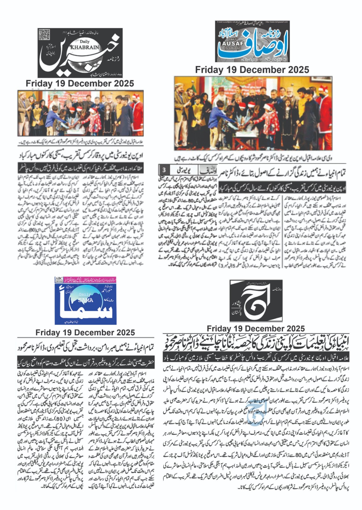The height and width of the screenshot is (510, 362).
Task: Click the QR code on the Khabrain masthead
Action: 45,35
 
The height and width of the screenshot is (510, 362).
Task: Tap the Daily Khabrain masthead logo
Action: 80,53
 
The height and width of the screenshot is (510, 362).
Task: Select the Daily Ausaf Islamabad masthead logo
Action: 252,41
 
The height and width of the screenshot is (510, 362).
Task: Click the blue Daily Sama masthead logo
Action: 85,300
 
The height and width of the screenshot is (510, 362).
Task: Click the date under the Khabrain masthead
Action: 80,84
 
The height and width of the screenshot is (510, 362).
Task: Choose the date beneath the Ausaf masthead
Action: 252,70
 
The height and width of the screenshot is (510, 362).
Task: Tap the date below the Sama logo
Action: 85,332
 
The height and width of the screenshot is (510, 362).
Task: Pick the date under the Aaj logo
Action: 256,329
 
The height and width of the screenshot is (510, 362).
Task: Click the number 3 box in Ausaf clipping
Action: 164,170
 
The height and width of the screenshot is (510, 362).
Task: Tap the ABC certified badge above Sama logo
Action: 59,280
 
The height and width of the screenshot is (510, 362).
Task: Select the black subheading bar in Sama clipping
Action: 85,363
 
